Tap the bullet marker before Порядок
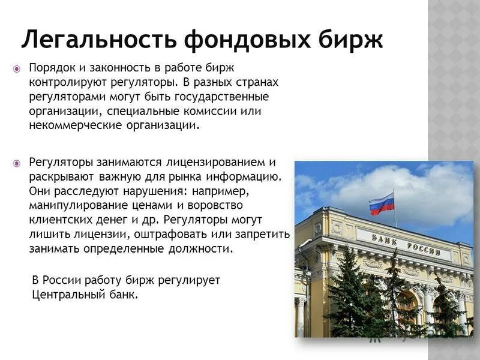coord(16,68)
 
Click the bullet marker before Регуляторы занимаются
coord(16,163)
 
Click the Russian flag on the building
coord(382,204)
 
